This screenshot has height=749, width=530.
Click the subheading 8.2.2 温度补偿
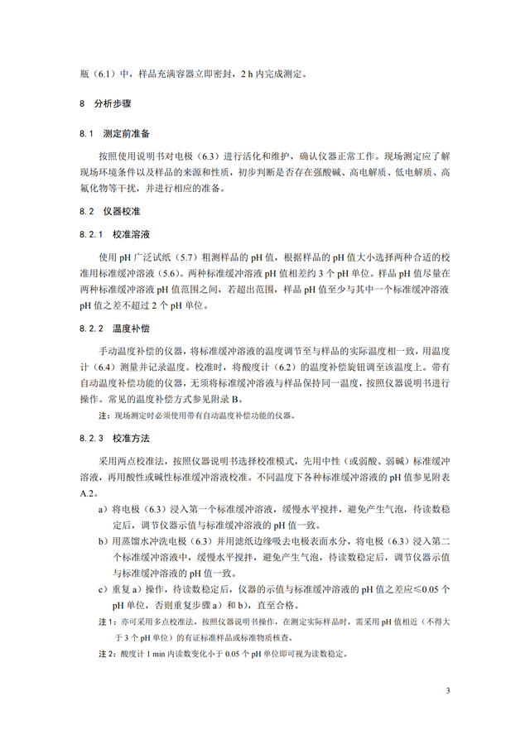click(114, 329)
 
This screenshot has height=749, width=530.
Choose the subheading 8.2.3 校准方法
click(114, 436)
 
